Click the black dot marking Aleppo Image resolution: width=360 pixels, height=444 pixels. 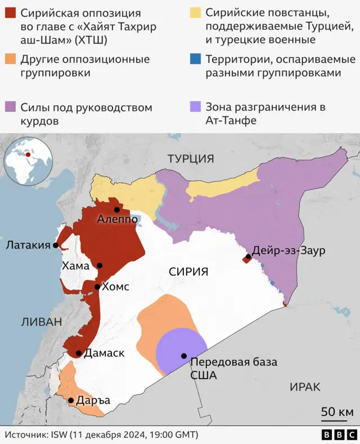click(x=117, y=210)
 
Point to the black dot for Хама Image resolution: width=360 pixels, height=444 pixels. click(x=100, y=266)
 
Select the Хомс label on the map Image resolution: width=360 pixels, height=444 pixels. click(x=116, y=287)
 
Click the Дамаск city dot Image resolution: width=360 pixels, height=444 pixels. click(x=79, y=354)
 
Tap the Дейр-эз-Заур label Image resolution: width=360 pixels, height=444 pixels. click(x=289, y=251)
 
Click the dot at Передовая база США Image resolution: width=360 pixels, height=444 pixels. click(x=184, y=356)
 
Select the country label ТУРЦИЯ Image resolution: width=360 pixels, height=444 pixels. click(x=191, y=159)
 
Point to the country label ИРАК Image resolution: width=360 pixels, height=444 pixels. click(x=305, y=387)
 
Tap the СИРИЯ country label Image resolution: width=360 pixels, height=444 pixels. click(x=188, y=271)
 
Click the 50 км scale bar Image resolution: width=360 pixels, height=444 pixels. click(x=337, y=414)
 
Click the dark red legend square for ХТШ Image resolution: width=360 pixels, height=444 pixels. click(x=10, y=13)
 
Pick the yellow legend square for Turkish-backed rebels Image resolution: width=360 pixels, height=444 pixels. click(x=195, y=13)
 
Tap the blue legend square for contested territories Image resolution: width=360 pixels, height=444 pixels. click(x=195, y=60)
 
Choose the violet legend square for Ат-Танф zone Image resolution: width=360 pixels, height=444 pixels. click(x=195, y=107)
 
